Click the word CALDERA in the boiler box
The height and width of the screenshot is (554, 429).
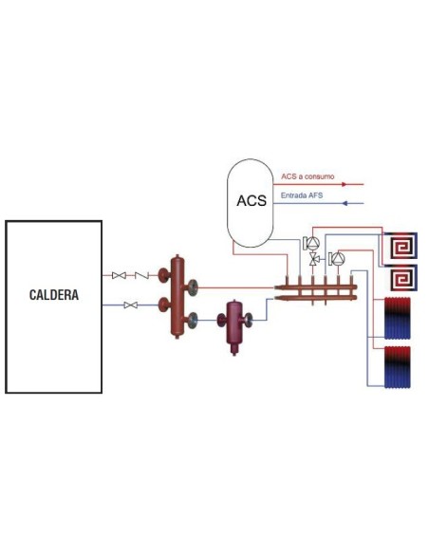[x=53, y=295]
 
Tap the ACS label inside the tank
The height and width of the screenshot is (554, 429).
[x=251, y=201]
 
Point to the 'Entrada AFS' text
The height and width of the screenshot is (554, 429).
[x=299, y=196]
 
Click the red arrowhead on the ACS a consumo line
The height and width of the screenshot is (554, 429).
[x=360, y=184]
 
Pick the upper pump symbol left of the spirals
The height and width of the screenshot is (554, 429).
[x=310, y=243]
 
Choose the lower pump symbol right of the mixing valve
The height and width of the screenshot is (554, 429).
[x=337, y=257]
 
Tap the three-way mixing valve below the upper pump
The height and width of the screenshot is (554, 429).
[x=314, y=259]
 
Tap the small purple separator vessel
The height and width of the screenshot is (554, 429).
[x=233, y=324]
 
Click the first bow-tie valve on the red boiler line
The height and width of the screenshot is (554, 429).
[x=119, y=275]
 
